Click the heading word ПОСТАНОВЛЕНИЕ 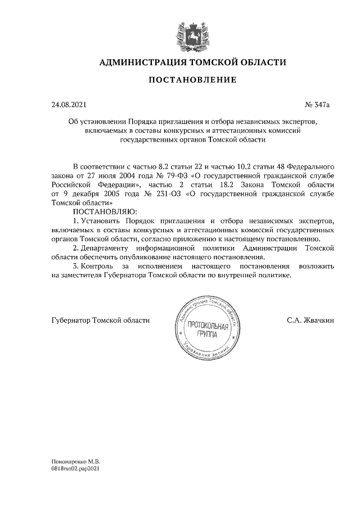192,80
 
